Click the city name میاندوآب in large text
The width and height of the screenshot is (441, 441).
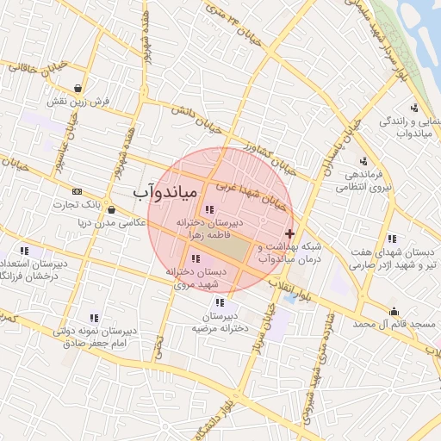(x=166, y=191)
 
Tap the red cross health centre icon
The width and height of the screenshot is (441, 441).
(x=289, y=233)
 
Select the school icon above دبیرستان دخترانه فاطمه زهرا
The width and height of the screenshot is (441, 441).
(x=208, y=208)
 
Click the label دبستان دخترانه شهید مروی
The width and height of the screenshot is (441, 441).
(x=199, y=277)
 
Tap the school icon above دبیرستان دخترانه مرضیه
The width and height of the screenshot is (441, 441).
(x=220, y=302)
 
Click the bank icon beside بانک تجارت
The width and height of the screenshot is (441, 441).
(x=78, y=191)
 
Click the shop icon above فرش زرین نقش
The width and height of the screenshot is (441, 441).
(x=79, y=87)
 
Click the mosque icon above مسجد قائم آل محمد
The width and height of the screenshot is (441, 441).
(x=394, y=311)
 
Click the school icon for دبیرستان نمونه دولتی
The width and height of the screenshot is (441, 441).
(x=94, y=318)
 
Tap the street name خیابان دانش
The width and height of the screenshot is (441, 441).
(x=195, y=118)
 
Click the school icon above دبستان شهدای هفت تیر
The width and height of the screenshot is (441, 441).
(x=392, y=239)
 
